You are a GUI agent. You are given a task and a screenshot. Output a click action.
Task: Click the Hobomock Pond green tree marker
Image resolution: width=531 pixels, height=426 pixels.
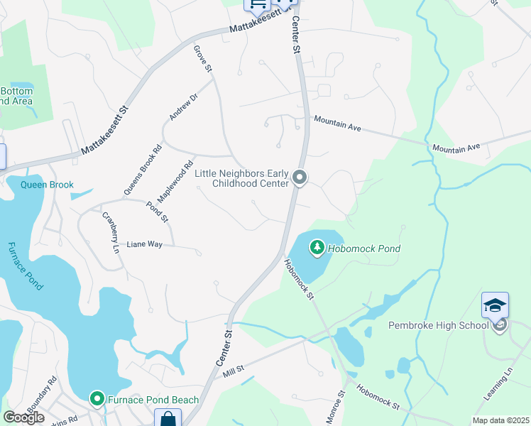[x=317, y=248]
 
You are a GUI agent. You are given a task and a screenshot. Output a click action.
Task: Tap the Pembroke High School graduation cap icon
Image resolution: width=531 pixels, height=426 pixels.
[x=495, y=305]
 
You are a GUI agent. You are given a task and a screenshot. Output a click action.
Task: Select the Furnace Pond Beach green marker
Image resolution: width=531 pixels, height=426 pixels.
[x=97, y=400]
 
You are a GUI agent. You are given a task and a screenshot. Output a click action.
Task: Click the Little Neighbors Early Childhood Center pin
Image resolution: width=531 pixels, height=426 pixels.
[x=300, y=177]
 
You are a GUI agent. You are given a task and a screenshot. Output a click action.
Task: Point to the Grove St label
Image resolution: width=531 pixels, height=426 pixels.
[x=202, y=59]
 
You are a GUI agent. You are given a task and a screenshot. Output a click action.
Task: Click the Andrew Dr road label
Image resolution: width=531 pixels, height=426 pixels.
[x=182, y=106]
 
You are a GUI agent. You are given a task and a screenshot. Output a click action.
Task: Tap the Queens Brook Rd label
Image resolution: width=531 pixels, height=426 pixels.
[x=143, y=170]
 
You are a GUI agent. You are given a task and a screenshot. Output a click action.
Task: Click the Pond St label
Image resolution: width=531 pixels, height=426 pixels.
[x=157, y=212]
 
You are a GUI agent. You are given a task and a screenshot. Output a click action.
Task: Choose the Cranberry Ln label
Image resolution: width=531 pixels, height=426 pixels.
[x=110, y=232]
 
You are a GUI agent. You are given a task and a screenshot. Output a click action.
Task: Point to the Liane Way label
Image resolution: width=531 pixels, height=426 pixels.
[x=145, y=244]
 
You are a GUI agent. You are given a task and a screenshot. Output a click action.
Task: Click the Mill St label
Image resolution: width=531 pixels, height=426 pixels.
[x=233, y=369]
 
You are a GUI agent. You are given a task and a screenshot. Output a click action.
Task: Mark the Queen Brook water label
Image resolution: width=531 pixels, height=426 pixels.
[x=47, y=185]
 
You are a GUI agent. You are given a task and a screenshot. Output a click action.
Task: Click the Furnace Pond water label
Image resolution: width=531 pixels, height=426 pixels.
[x=26, y=266]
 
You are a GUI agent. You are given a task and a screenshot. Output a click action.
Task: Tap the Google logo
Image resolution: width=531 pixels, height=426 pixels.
[x=23, y=417]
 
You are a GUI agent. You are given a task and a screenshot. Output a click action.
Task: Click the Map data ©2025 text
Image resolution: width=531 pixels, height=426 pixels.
[x=500, y=420]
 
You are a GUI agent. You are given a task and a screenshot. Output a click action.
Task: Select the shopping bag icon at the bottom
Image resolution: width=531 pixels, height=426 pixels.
[x=169, y=419]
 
